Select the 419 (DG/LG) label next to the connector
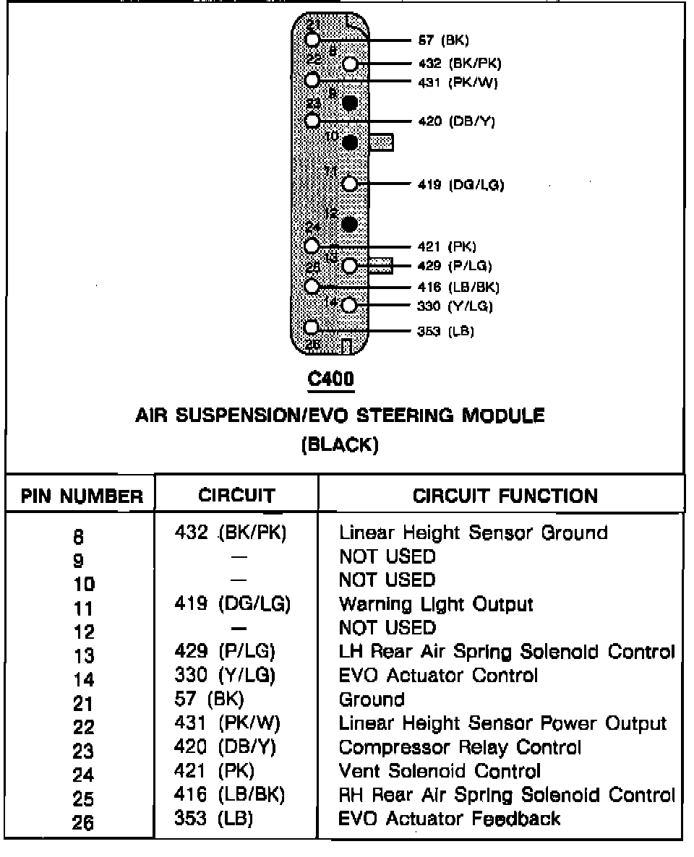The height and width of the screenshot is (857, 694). click(x=460, y=184)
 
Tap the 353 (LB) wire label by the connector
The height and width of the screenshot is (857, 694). click(x=445, y=332)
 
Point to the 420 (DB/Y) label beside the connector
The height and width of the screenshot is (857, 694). click(x=456, y=121)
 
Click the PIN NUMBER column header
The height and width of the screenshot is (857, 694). click(x=81, y=496)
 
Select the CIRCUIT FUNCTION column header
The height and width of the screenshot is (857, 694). click(x=505, y=496)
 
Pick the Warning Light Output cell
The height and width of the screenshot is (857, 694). click(x=436, y=604)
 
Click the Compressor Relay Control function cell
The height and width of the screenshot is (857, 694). click(x=460, y=747)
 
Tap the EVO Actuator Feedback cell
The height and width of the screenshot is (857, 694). click(x=449, y=818)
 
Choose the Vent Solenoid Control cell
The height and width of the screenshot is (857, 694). click(x=439, y=771)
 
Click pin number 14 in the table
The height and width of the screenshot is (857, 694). click(x=84, y=679)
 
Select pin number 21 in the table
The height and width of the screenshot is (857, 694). click(x=84, y=703)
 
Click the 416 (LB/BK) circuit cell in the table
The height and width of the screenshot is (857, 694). click(x=230, y=795)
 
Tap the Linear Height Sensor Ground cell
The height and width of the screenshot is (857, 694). click(x=473, y=533)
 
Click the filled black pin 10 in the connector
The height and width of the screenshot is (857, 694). click(x=350, y=142)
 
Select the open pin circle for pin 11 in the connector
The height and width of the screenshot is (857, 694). click(x=350, y=184)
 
